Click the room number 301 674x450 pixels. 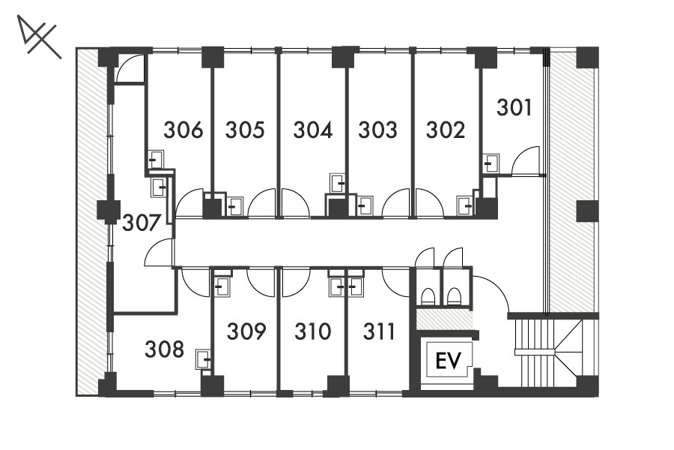tap(514, 107)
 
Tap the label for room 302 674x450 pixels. tap(446, 130)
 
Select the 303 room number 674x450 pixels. tap(378, 130)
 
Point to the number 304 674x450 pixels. tap(312, 130)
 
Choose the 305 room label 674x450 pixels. tap(245, 130)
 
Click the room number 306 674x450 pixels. tap(183, 130)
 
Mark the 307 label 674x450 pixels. tap(142, 223)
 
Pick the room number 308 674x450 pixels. tap(164, 349)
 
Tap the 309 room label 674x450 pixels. tap(246, 331)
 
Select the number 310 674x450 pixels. tap(313, 331)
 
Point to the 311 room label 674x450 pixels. tap(379, 331)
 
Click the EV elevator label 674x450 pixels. tap(448, 361)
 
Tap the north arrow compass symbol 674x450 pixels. tap(39, 37)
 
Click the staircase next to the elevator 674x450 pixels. tap(553, 352)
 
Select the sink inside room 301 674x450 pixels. tap(491, 163)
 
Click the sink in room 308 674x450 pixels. tap(204, 359)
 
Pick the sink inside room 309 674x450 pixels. tap(222, 286)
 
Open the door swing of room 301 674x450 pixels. tap(526, 160)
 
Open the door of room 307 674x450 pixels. tap(159, 253)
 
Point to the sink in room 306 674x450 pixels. tap(156, 159)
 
